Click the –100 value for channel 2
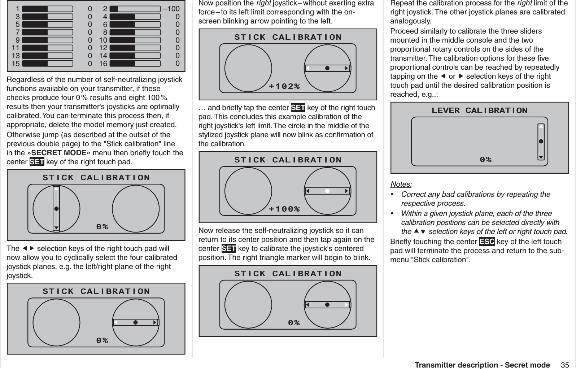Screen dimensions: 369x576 [x=171, y=9]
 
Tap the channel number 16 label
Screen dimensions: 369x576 [x=103, y=64]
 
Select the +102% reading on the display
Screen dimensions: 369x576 [x=284, y=86]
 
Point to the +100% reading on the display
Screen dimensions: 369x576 [x=284, y=209]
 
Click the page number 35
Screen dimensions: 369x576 [x=565, y=365]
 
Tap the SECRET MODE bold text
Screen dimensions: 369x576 [x=59, y=153]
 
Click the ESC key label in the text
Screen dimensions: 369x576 [x=486, y=242]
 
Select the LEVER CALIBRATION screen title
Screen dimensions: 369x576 [x=479, y=110]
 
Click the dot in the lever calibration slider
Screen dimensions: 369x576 [x=541, y=142]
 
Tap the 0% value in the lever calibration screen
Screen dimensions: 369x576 [x=485, y=159]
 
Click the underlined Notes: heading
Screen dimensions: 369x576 [x=401, y=184]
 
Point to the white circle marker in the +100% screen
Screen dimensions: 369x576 [x=327, y=191]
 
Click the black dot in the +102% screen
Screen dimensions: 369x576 [x=327, y=68]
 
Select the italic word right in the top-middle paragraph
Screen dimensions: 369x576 [x=263, y=4]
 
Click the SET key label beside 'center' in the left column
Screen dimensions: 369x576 [x=36, y=162]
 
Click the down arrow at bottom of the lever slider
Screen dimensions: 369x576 [x=541, y=157]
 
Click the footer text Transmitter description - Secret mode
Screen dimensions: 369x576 [x=482, y=365]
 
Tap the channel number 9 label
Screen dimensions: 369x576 [x=17, y=40]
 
